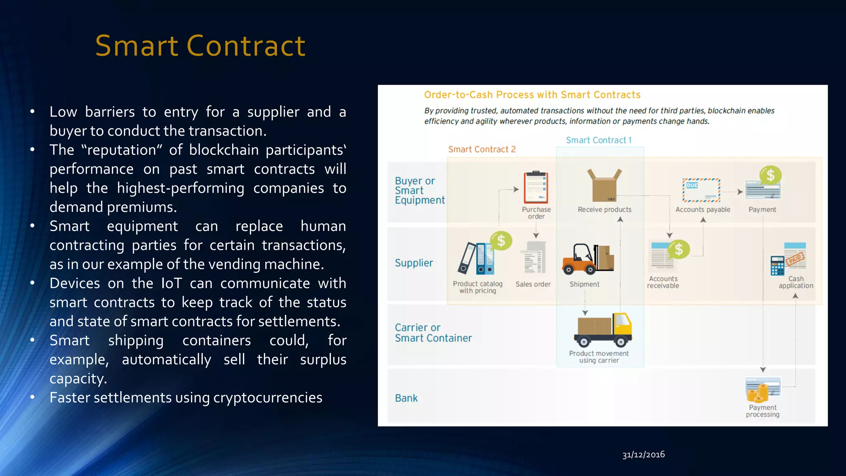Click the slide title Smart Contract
(x=200, y=45)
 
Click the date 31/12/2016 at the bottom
(x=643, y=455)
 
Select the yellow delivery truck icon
(x=603, y=330)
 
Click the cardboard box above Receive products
(x=604, y=186)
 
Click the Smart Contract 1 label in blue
(x=598, y=140)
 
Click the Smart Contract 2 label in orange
(x=482, y=149)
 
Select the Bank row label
(x=406, y=398)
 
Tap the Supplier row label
(x=413, y=263)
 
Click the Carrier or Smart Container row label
(x=433, y=333)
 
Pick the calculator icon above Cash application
(x=777, y=265)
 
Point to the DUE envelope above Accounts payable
(x=701, y=190)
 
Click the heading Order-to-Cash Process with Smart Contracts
(x=532, y=95)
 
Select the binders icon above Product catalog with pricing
(x=476, y=259)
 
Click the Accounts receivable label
(x=663, y=282)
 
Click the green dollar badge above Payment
(x=770, y=175)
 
